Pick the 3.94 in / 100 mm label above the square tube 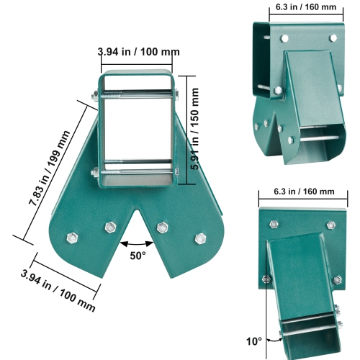pyautogui.click(x=139, y=52)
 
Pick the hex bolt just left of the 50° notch pyautogui.click(x=110, y=228)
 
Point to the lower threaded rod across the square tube pyautogui.click(x=137, y=171)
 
